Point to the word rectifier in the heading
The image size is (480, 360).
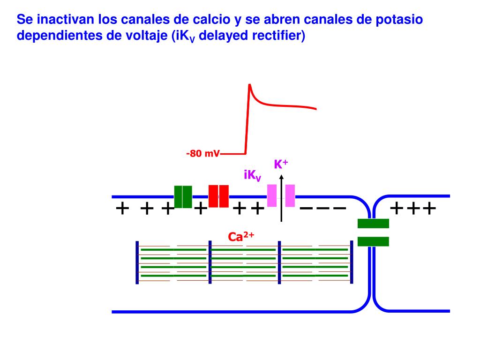(x=278, y=36)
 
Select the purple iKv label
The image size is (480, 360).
(x=252, y=175)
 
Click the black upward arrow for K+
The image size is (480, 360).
(x=281, y=197)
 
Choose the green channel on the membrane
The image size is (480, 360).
(x=183, y=196)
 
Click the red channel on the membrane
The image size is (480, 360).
(x=218, y=196)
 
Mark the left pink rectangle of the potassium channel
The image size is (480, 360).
(x=272, y=195)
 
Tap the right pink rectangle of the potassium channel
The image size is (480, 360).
(x=290, y=195)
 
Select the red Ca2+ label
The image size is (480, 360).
(x=241, y=237)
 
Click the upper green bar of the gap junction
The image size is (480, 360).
(x=373, y=224)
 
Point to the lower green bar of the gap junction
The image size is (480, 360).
(x=373, y=241)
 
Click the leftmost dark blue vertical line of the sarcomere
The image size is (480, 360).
(x=137, y=262)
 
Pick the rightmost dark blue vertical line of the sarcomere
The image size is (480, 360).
(x=351, y=262)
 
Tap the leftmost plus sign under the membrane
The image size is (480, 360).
(x=122, y=208)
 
